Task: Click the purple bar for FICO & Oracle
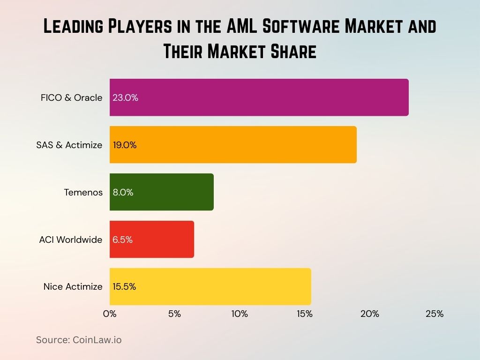pyautogui.click(x=259, y=97)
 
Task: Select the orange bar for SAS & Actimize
pyautogui.click(x=233, y=145)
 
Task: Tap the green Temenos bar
pyautogui.click(x=162, y=192)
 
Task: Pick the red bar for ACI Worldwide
pyautogui.click(x=152, y=240)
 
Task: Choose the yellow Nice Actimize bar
pyautogui.click(x=210, y=286)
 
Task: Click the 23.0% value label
pyautogui.click(x=125, y=98)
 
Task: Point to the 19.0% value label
pyautogui.click(x=125, y=145)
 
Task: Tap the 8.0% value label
pyautogui.click(x=123, y=193)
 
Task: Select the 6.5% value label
pyautogui.click(x=123, y=240)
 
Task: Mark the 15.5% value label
pyautogui.click(x=124, y=287)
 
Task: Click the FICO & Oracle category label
pyautogui.click(x=71, y=98)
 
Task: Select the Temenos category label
pyautogui.click(x=83, y=193)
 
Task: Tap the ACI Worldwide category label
pyautogui.click(x=71, y=240)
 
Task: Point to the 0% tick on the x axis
pyautogui.click(x=110, y=314)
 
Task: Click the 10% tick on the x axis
pyautogui.click(x=240, y=314)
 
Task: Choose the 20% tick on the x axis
pyautogui.click(x=369, y=314)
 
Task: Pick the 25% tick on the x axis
pyautogui.click(x=435, y=314)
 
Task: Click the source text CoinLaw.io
pyautogui.click(x=97, y=340)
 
